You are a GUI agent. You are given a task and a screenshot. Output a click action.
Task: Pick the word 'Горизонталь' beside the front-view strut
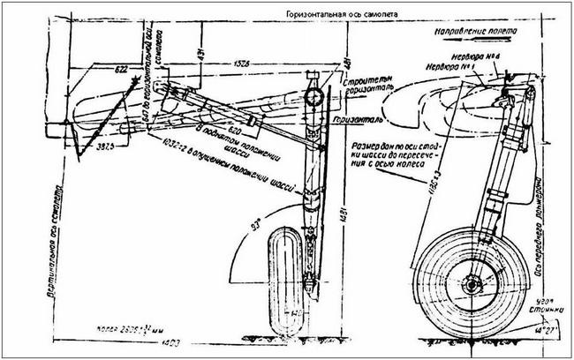pyautogui.click(x=361, y=116)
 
